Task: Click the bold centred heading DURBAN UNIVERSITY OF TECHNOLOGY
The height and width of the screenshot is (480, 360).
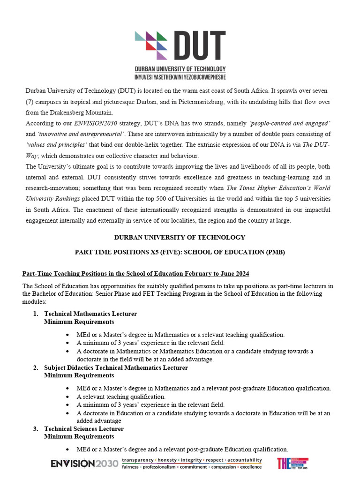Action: click(x=180, y=237)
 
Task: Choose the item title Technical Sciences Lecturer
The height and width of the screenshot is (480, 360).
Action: click(x=84, y=428)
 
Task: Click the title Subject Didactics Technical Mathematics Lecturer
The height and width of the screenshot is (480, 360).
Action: click(x=116, y=367)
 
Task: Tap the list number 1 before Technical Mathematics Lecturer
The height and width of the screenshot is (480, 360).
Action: click(x=35, y=314)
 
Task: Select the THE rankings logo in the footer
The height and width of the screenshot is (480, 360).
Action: click(x=292, y=464)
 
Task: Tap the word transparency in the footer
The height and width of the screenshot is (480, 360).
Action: click(x=138, y=460)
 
